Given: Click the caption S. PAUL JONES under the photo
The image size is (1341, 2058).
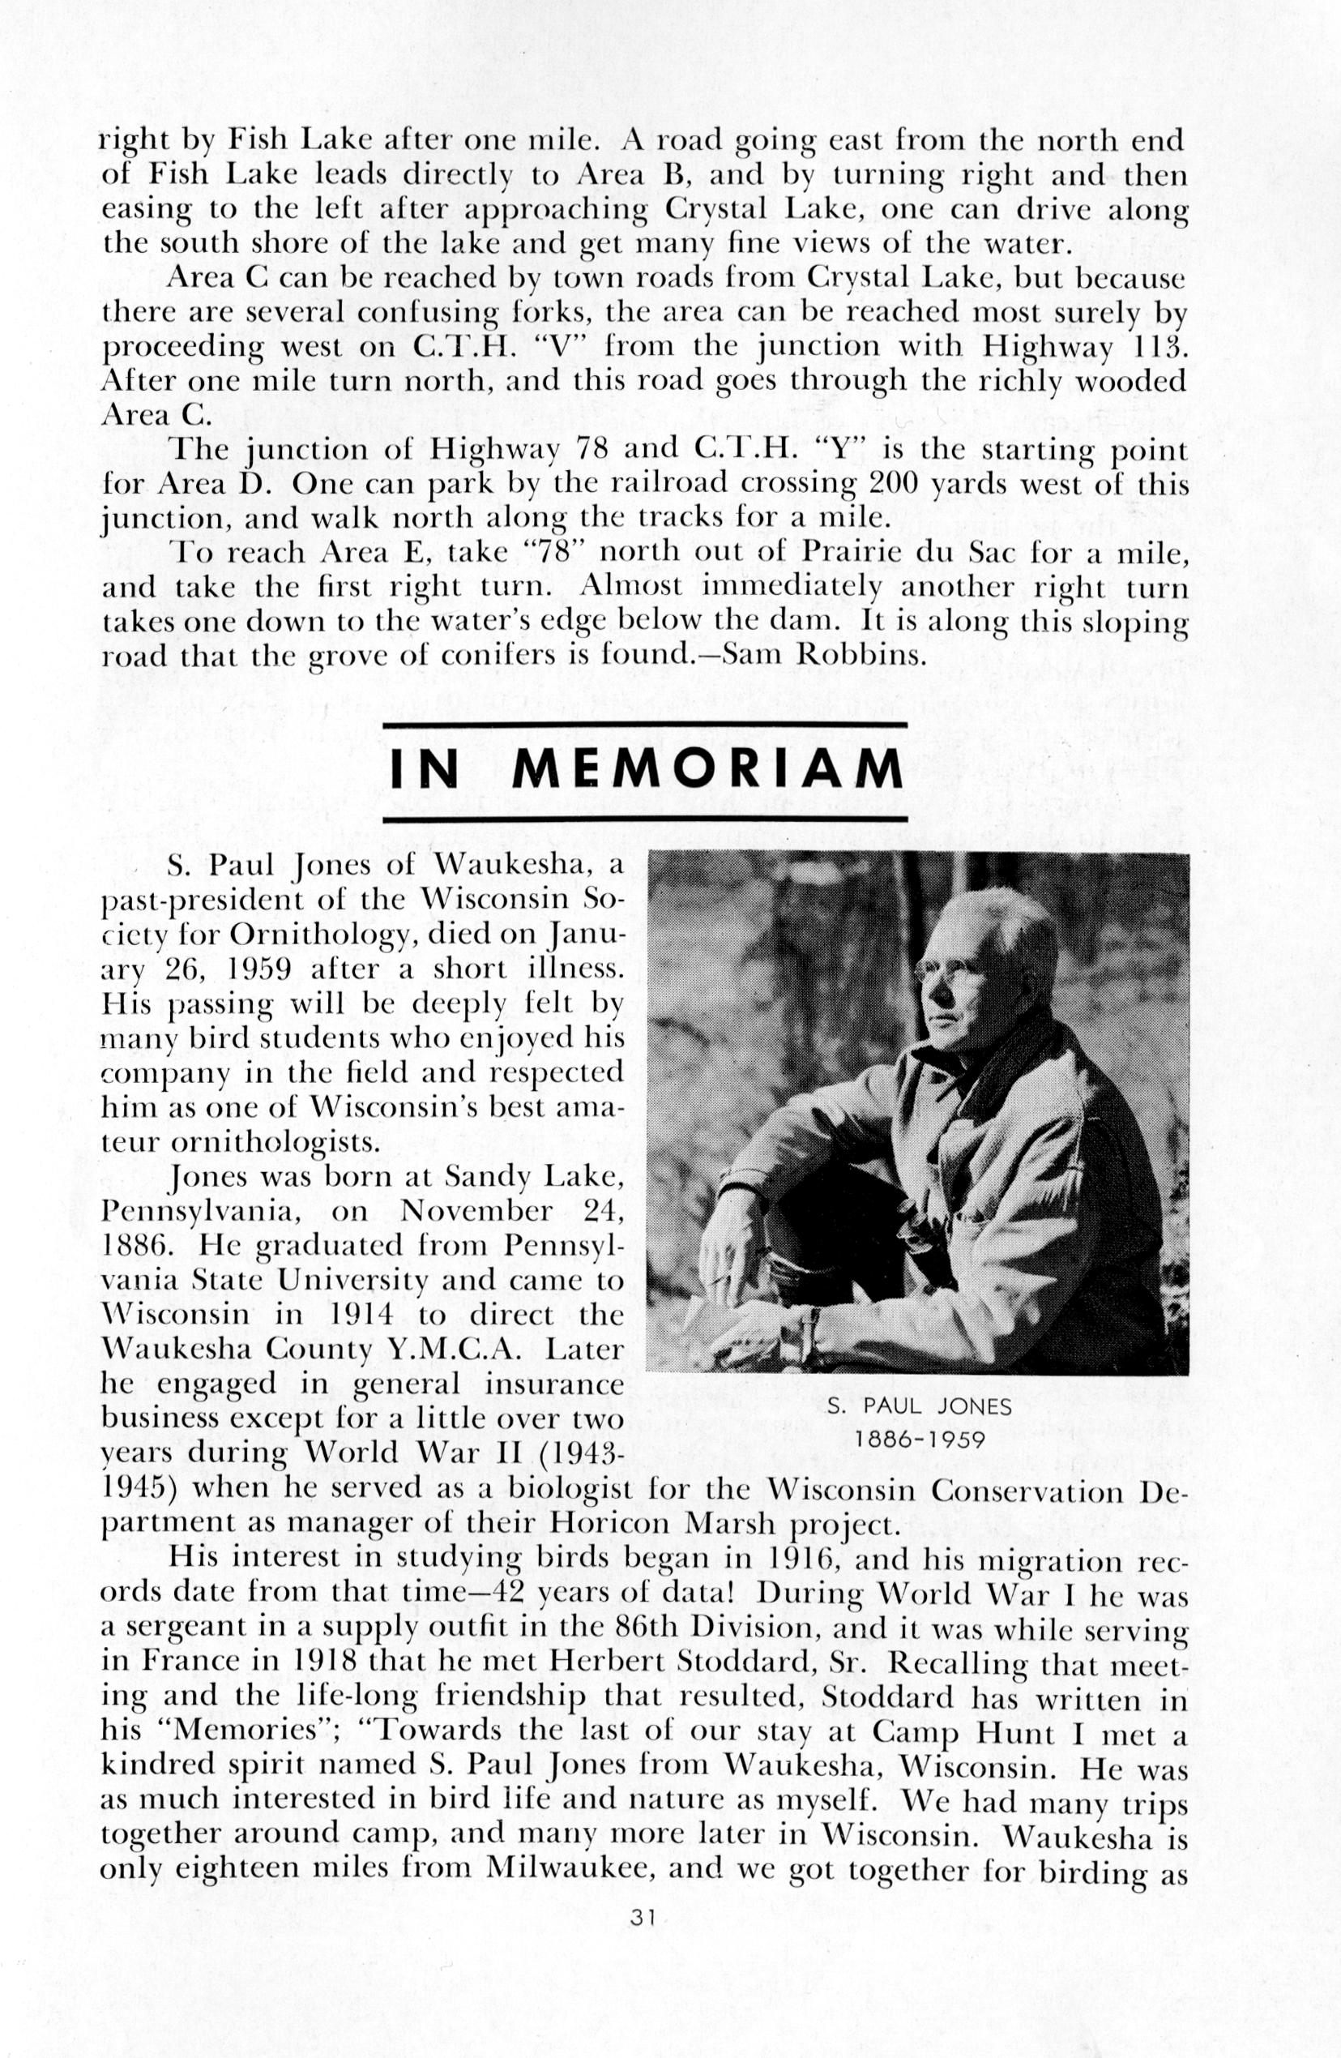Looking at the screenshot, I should point(918,1406).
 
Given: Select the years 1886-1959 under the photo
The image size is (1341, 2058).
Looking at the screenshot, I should point(918,1440).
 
